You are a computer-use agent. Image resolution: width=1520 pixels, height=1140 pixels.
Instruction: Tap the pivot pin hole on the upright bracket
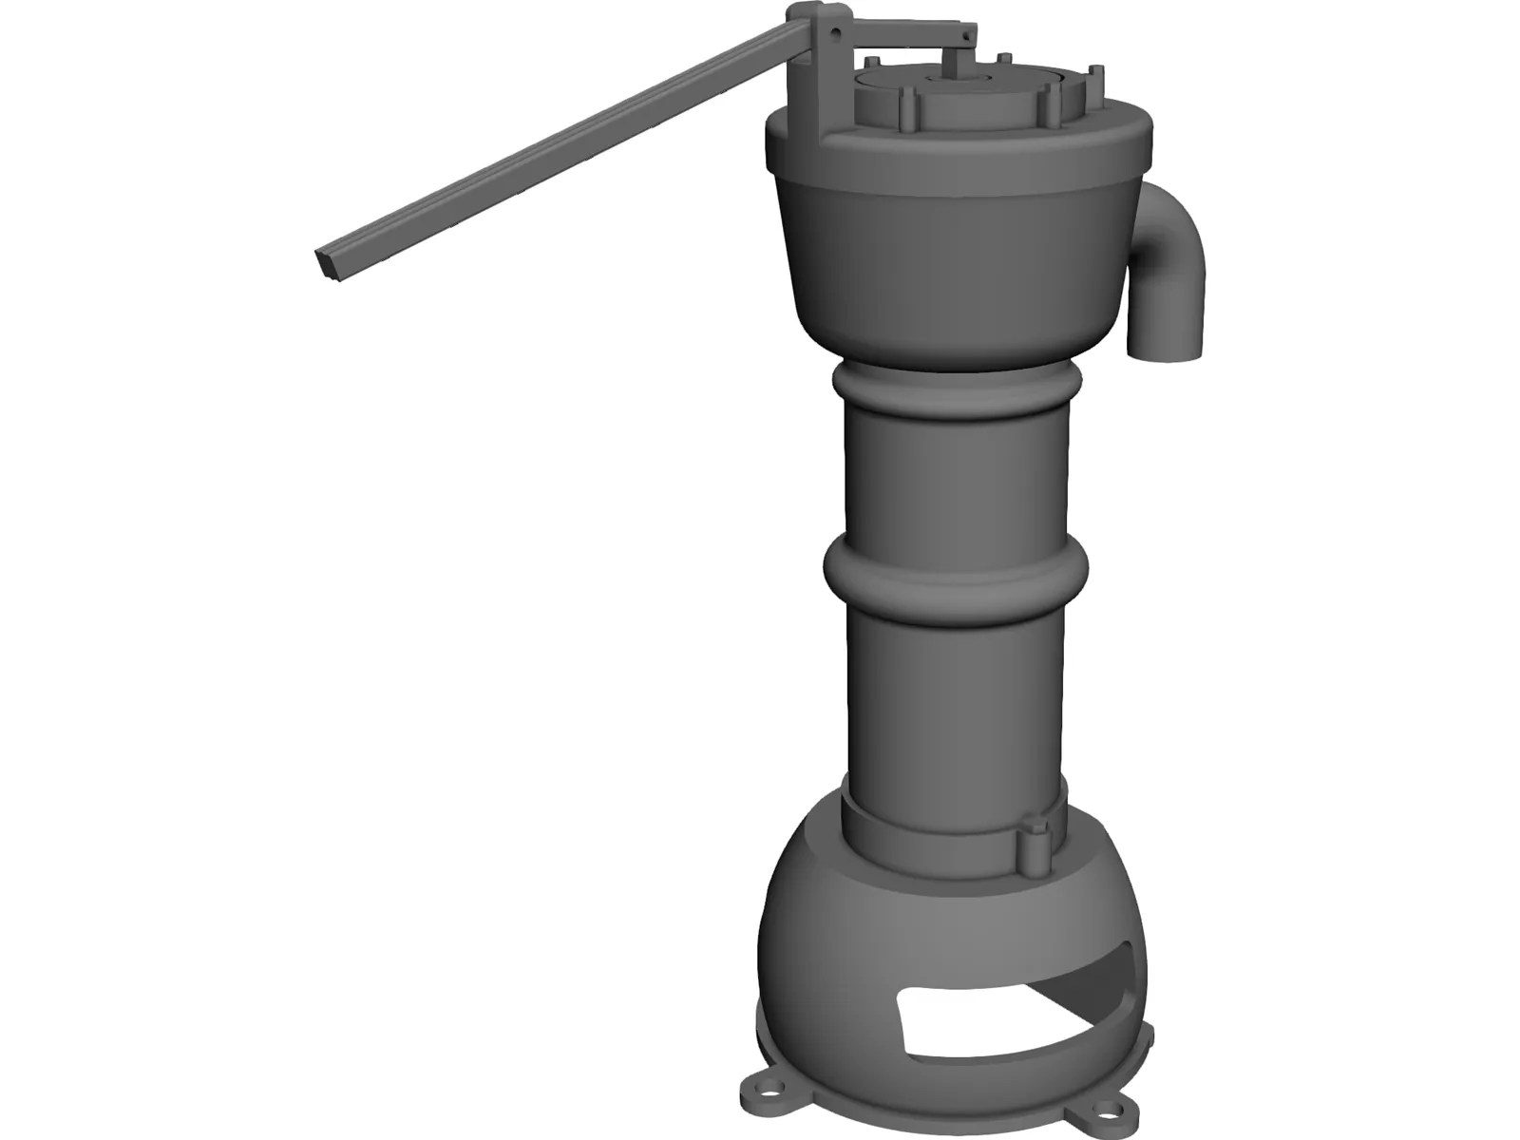click(x=836, y=31)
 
